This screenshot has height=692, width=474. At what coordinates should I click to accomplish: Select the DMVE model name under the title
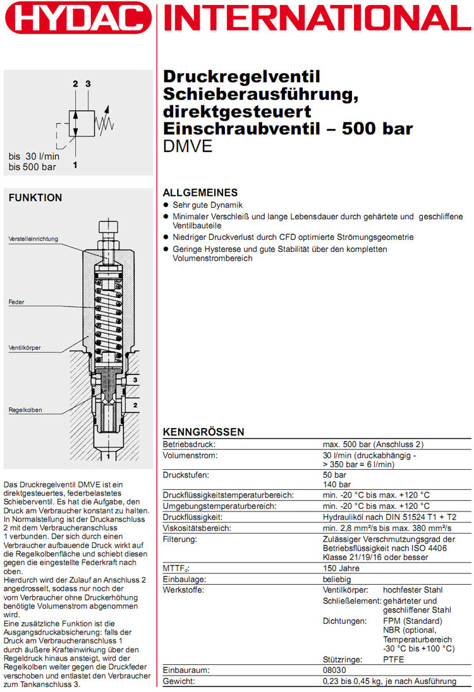(188, 146)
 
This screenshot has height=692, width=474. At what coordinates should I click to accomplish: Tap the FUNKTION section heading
(35, 198)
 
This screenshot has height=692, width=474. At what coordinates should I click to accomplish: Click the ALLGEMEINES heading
(200, 193)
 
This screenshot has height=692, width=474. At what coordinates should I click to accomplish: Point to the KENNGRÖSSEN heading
(204, 432)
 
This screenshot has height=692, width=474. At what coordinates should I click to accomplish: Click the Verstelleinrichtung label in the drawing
(33, 239)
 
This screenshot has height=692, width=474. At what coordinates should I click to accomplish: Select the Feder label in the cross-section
(16, 302)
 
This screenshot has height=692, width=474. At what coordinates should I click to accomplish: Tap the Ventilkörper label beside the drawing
(25, 347)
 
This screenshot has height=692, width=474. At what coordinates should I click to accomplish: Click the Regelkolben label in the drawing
(25, 410)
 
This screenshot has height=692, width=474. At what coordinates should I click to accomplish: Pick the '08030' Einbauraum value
(335, 671)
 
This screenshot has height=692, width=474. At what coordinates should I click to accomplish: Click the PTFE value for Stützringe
(393, 659)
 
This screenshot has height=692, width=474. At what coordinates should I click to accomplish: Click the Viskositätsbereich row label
(197, 528)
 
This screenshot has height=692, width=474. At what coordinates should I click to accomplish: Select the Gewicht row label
(179, 681)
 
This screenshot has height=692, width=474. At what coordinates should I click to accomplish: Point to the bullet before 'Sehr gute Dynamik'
(167, 205)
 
